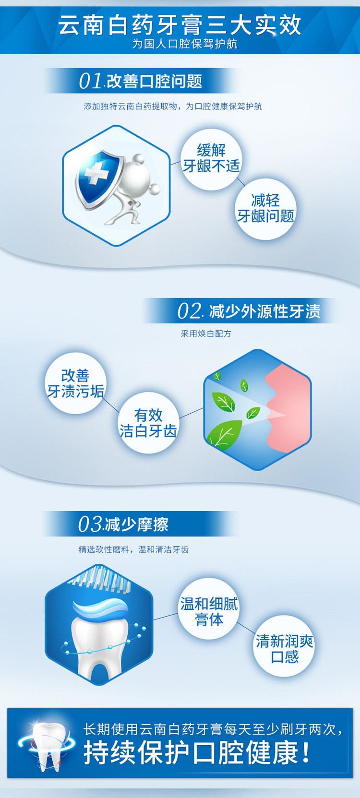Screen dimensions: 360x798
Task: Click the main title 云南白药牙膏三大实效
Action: tap(180, 25)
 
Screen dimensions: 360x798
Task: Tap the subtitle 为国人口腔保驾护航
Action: tap(185, 44)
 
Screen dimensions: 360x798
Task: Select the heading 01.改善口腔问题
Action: tap(141, 81)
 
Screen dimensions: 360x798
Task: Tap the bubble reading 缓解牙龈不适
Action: tap(211, 159)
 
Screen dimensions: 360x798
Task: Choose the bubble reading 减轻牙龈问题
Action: tap(265, 209)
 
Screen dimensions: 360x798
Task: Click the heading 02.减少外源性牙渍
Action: tap(249, 311)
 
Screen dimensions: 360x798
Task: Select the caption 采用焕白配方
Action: tap(206, 334)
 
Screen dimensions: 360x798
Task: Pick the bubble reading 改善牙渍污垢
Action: tap(75, 384)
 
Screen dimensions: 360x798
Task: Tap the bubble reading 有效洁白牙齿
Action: tap(148, 423)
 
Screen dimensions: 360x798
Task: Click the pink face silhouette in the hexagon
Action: tap(288, 409)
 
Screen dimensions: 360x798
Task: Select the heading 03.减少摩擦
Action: tap(123, 524)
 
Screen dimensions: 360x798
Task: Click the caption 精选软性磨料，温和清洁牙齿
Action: tap(133, 550)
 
